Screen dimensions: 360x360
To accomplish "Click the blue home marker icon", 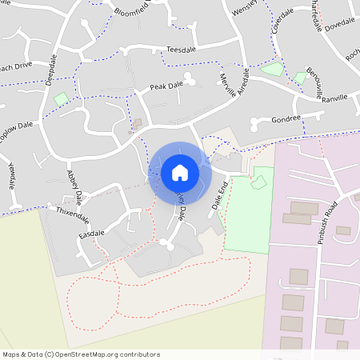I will tap(180, 172).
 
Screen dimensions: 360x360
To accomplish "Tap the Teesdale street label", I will tap(181, 50).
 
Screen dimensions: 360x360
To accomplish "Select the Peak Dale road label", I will tap(166, 84).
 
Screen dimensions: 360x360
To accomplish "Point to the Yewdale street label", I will tap(13, 175).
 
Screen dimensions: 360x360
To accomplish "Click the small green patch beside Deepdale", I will tap(61, 99).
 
